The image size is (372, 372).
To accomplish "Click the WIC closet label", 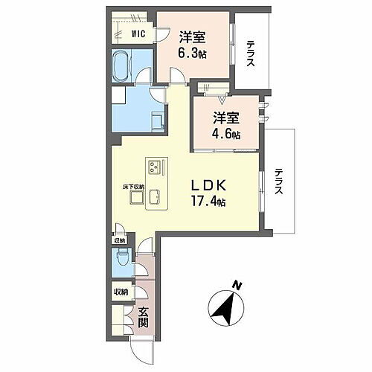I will (x=138, y=33).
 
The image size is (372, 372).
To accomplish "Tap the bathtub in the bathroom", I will (x=121, y=66).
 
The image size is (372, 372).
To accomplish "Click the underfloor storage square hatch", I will (x=135, y=197).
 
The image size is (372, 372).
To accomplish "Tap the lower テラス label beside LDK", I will (x=278, y=182).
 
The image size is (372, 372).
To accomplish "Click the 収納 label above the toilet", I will (x=120, y=240).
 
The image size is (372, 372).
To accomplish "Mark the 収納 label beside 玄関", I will (x=121, y=292).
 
